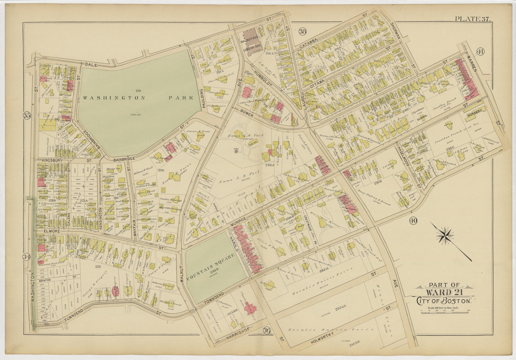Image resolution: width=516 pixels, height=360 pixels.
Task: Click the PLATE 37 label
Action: click(473, 19)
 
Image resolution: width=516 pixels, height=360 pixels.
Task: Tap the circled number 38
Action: click(302, 32)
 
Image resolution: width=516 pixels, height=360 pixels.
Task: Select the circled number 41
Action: click(480, 52)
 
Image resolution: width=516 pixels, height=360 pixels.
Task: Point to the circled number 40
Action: click(413, 221)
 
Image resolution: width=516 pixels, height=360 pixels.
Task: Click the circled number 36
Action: click(266, 331)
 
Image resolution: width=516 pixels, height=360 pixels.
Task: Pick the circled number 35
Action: click(27, 115)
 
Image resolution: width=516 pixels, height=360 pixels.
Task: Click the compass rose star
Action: click(445, 235)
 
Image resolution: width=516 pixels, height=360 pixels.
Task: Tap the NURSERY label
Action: click(475, 110)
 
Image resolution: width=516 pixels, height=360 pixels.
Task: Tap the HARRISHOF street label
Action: click(238, 334)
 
